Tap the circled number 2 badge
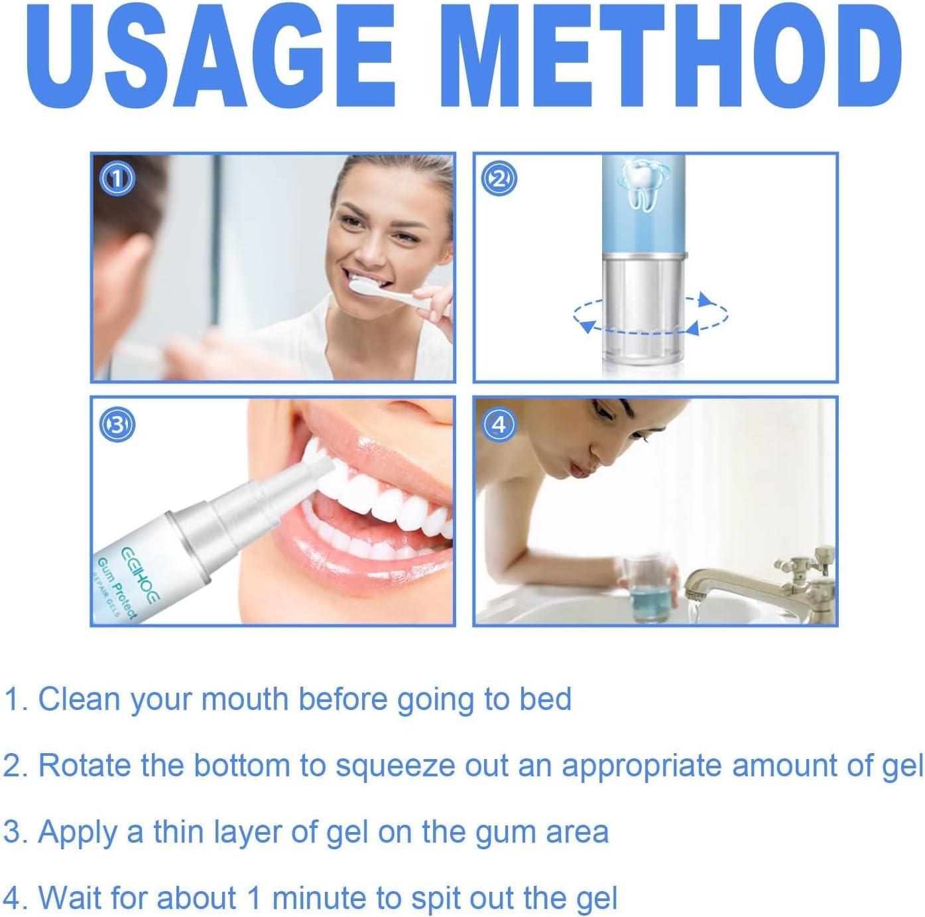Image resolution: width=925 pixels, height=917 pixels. [x=499, y=178]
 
